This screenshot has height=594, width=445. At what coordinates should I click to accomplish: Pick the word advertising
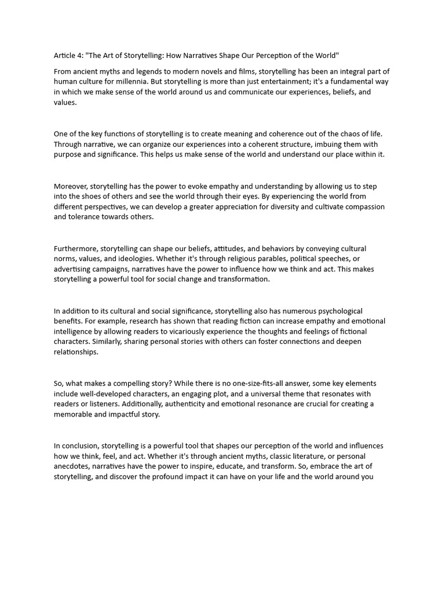click(x=75, y=269)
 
